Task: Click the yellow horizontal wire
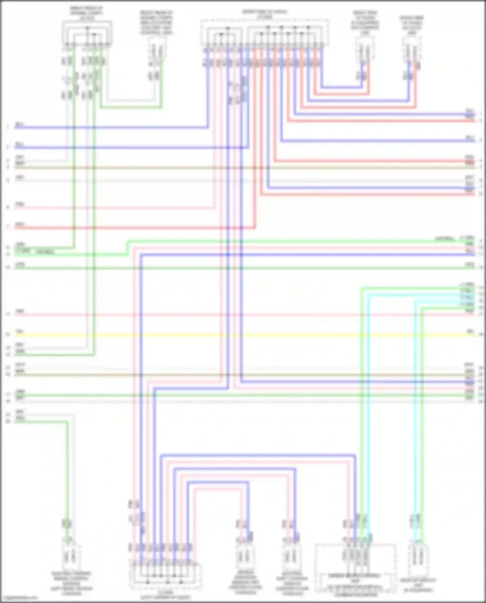(243, 335)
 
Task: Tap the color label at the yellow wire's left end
(19, 331)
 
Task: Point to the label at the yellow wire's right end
(470, 331)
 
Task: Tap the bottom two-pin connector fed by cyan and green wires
(418, 557)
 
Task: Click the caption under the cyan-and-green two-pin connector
(418, 585)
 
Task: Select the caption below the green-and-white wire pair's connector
(71, 583)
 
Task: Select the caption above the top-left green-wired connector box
(87, 13)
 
